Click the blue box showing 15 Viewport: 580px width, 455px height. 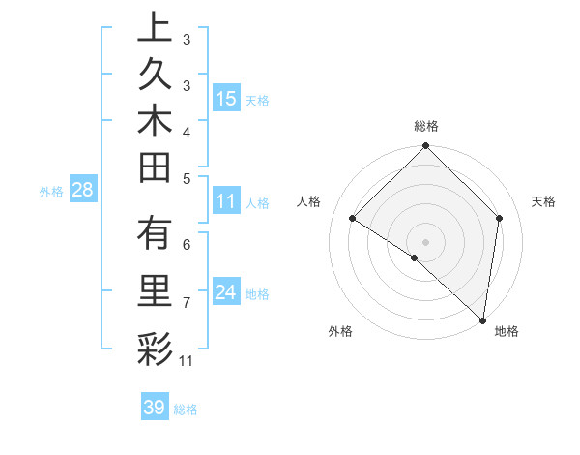pos(225,99)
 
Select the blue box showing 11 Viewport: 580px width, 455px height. pos(225,202)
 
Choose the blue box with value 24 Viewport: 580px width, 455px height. pos(225,293)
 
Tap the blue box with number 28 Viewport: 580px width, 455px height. pos(82,190)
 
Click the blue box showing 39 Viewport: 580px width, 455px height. pos(154,408)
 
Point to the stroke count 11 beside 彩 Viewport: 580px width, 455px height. pos(187,362)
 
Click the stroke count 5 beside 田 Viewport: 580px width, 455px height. pos(187,178)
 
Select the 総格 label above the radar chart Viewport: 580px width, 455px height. pos(425,126)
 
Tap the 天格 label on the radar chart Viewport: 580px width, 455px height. pos(543,201)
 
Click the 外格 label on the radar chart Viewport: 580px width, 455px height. pos(340,331)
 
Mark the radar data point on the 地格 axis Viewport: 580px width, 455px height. pos(482,319)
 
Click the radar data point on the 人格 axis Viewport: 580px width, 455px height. pos(353,219)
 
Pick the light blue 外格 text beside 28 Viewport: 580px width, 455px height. pos(51,191)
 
